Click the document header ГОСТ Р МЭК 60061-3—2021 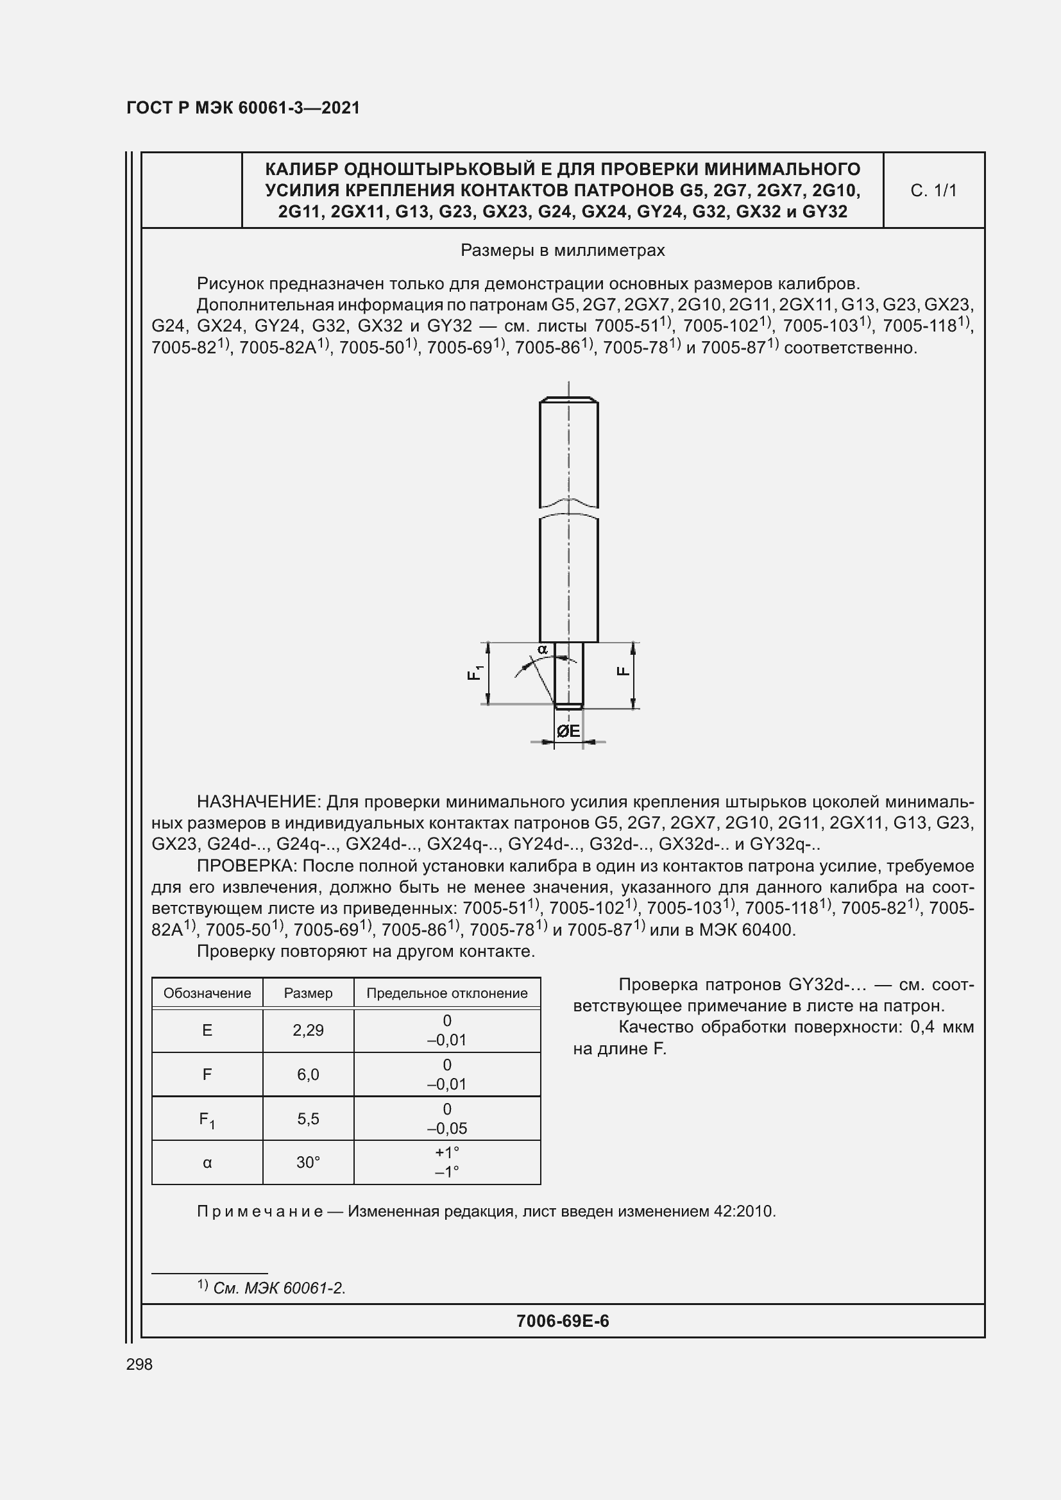tap(243, 108)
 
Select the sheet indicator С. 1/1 tap(933, 190)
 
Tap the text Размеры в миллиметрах tap(563, 250)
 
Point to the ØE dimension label tap(568, 731)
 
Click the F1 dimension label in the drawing tap(475, 671)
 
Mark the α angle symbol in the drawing tap(542, 650)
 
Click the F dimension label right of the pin tap(624, 671)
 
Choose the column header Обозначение tap(207, 993)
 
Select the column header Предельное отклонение tap(447, 993)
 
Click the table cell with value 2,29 tap(308, 1031)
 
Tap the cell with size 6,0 tap(308, 1074)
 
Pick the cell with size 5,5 tap(308, 1118)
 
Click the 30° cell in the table tap(308, 1162)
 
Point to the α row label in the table tap(207, 1162)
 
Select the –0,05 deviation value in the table tap(447, 1128)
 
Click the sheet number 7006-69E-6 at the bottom tap(563, 1321)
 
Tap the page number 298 tap(139, 1364)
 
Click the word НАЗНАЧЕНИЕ tap(257, 802)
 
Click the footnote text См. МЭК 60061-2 tap(280, 1288)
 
